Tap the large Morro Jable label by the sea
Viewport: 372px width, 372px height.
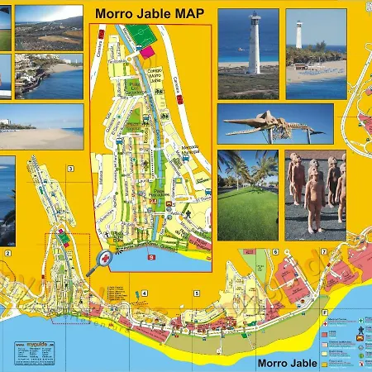coord(286,363)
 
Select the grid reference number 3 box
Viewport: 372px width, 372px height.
coord(71,169)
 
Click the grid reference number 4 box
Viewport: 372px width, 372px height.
coord(144,293)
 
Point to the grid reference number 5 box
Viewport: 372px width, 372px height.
coord(197,293)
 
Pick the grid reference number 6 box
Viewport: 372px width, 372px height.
coord(274,252)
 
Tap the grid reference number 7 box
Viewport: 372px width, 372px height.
coord(324,252)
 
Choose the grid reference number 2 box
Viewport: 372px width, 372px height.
coord(7,254)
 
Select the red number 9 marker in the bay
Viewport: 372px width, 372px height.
coord(151,258)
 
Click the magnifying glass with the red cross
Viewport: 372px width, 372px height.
coord(105,259)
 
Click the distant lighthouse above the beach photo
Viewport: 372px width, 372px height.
coord(299,35)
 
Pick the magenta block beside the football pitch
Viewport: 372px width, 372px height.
coord(147,51)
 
